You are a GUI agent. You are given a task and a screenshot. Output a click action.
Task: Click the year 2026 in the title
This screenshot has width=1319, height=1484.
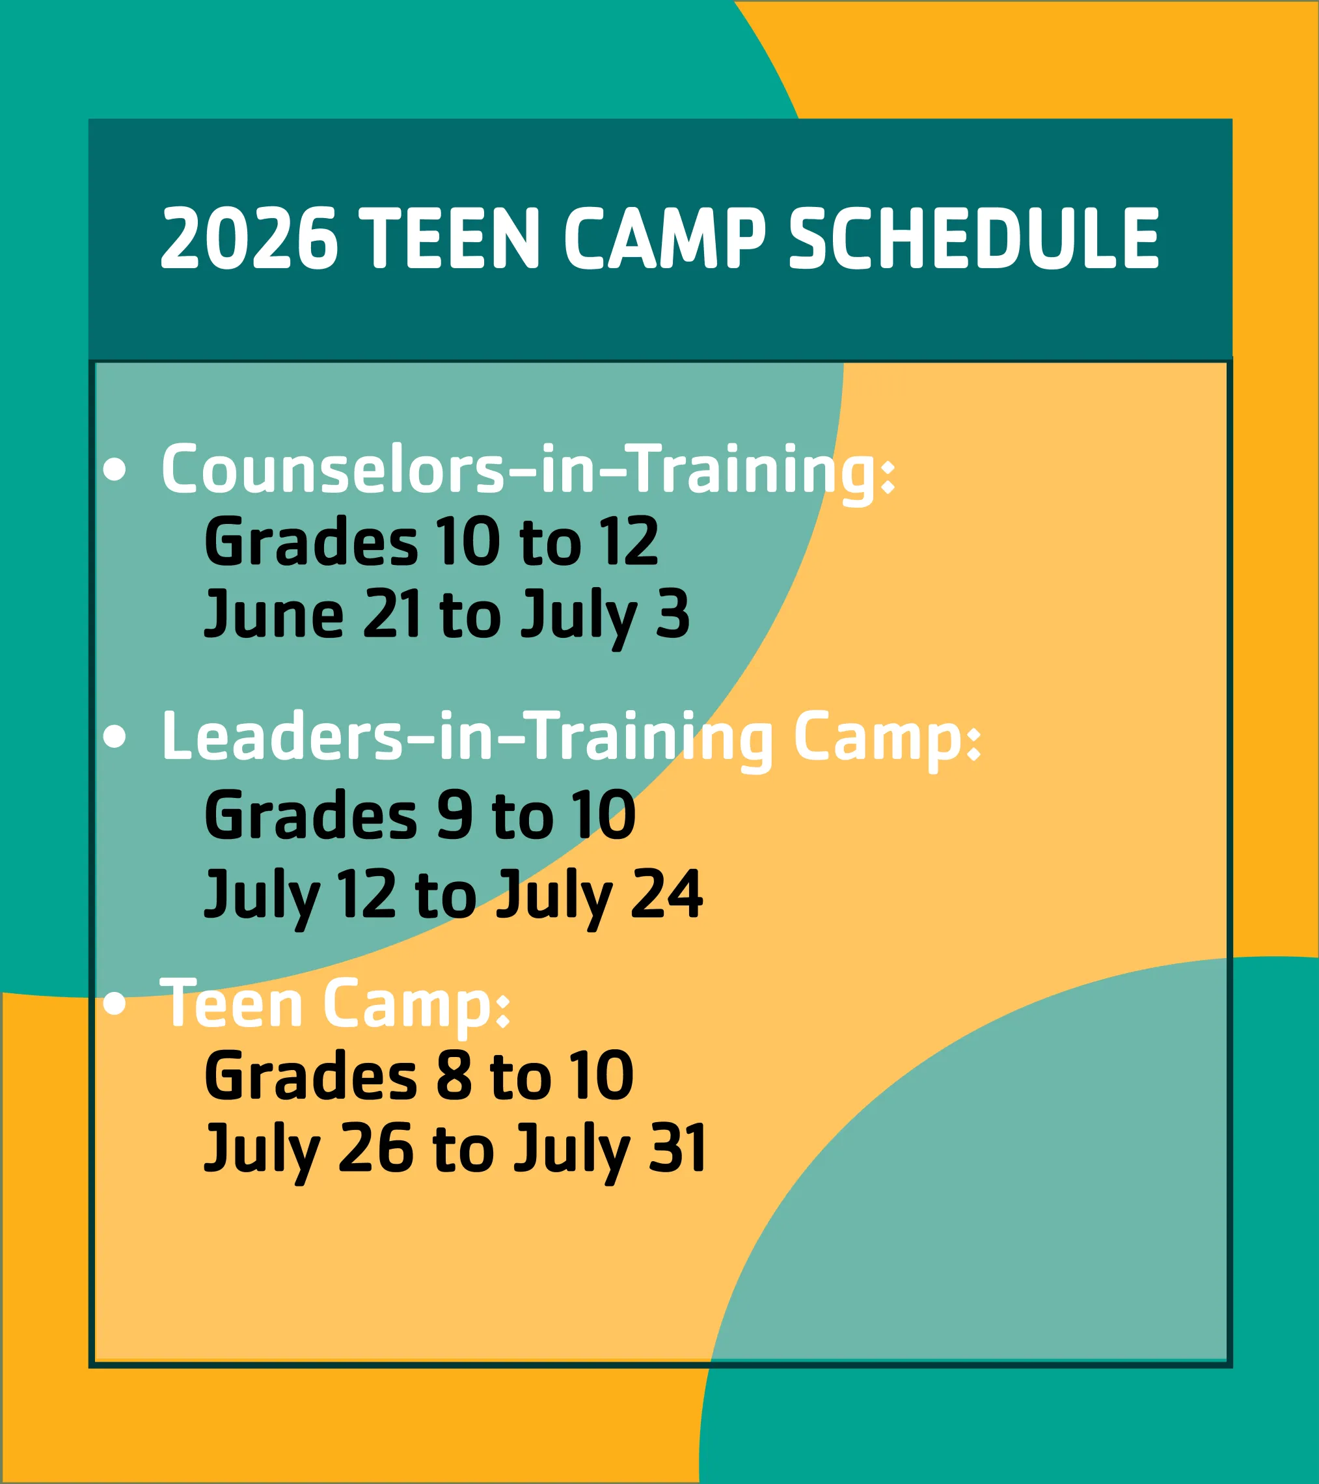point(249,238)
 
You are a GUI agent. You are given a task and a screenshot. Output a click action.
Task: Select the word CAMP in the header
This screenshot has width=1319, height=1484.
point(664,238)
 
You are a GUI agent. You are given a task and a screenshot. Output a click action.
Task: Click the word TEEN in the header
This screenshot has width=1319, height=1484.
point(450,238)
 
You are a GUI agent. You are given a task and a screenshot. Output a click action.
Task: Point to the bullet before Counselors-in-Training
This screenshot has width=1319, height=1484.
point(114,470)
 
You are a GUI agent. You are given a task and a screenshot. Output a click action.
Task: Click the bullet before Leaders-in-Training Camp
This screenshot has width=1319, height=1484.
point(114,737)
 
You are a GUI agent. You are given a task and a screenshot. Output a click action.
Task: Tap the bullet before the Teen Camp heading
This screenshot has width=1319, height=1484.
point(114,1004)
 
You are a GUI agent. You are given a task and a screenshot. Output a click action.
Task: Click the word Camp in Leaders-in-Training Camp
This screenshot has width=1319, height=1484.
point(886,737)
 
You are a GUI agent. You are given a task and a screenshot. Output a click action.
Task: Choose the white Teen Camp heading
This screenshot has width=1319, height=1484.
point(334,1004)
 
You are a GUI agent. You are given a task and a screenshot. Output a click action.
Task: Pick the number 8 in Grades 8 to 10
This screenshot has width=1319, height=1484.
point(454,1075)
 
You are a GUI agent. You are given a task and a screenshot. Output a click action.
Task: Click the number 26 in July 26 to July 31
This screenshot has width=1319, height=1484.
point(375,1148)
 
